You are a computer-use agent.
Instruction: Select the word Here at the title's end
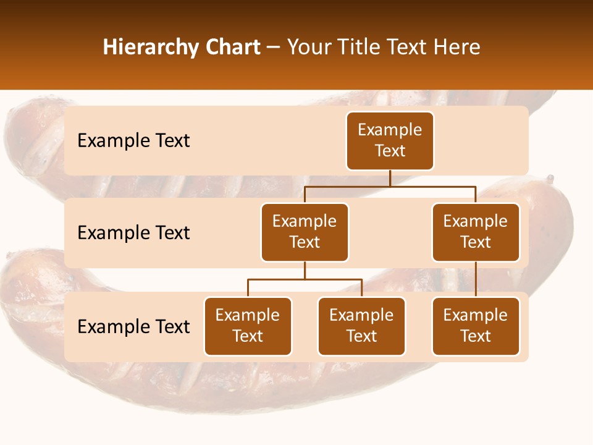click(x=456, y=47)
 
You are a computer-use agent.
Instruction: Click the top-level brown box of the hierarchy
click(x=390, y=141)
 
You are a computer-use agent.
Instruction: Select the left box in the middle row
click(x=305, y=232)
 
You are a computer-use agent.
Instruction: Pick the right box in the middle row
click(x=476, y=232)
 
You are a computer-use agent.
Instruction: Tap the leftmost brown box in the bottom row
click(x=248, y=326)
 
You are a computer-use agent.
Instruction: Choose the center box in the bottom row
click(x=361, y=326)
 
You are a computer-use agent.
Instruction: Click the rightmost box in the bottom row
click(x=476, y=326)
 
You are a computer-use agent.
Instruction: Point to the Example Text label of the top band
click(x=133, y=141)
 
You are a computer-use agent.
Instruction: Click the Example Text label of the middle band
click(x=133, y=233)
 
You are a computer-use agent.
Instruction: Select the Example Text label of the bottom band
click(x=133, y=327)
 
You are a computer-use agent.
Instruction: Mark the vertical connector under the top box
click(x=390, y=178)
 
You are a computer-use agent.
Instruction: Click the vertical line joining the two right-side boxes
click(x=476, y=279)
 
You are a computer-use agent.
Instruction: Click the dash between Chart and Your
click(x=273, y=48)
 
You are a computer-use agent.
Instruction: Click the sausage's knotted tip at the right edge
click(x=549, y=180)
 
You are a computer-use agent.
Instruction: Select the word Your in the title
click(x=307, y=47)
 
